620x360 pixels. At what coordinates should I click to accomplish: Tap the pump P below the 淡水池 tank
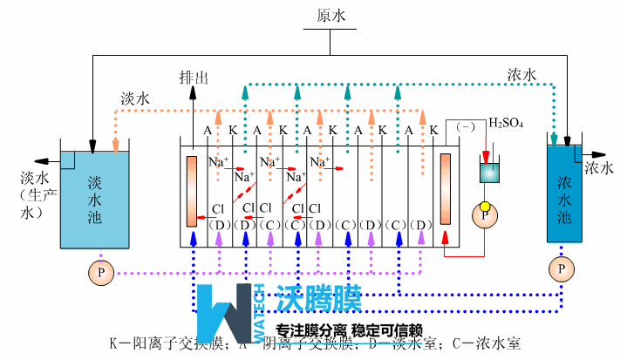(x=100, y=273)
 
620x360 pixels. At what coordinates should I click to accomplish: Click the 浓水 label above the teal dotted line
(x=521, y=75)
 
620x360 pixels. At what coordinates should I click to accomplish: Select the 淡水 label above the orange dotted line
(x=136, y=99)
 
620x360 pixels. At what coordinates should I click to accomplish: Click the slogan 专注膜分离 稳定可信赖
(x=349, y=331)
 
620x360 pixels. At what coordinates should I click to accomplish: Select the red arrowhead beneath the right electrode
(x=446, y=236)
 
